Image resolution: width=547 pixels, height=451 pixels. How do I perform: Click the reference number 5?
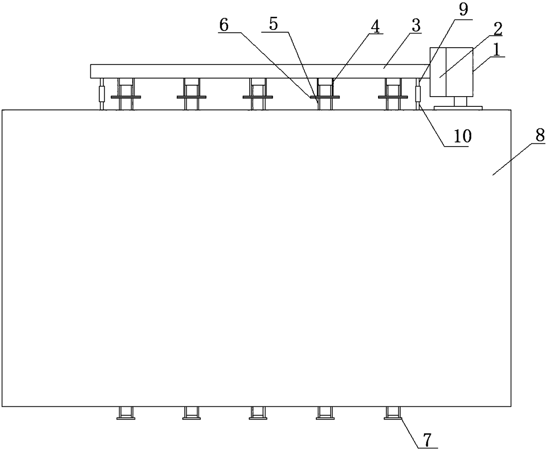point(273,24)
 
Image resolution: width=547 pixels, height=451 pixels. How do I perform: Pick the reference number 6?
point(224,25)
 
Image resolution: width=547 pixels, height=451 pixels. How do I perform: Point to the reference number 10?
point(463,136)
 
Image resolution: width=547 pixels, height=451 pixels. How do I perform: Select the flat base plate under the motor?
point(458,107)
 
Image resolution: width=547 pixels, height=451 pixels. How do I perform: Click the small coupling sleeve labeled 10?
point(418,94)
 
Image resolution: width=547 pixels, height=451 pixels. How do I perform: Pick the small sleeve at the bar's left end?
point(102,94)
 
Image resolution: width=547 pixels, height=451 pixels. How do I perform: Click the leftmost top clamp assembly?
point(126,94)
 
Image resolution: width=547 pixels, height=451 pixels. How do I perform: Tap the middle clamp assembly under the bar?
point(257,94)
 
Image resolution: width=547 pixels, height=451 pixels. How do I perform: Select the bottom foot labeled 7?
point(393,413)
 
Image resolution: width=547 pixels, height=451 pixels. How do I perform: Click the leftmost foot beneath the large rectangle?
point(126,413)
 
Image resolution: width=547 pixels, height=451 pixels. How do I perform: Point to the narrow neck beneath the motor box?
point(460,101)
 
